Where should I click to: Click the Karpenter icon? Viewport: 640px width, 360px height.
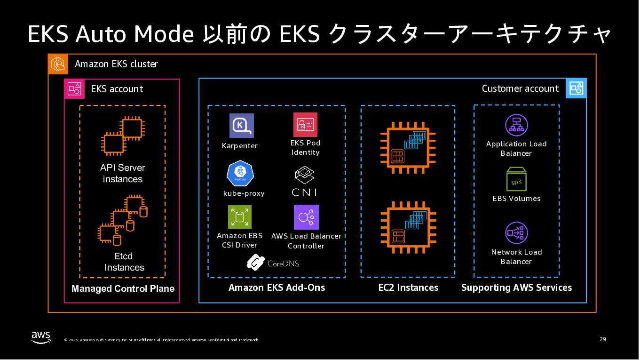(x=241, y=126)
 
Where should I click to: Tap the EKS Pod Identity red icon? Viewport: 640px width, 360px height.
(x=305, y=125)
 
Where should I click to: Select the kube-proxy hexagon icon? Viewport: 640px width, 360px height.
(x=240, y=174)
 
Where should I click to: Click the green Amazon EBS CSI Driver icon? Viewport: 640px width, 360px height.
(x=240, y=217)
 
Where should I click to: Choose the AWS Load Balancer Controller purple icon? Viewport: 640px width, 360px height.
(x=306, y=217)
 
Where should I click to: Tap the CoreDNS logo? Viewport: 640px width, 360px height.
(x=273, y=263)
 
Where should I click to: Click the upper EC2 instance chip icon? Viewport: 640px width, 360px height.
(x=405, y=147)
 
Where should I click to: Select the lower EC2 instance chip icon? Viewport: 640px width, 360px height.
(x=405, y=227)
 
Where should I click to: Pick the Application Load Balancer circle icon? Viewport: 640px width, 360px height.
(x=516, y=125)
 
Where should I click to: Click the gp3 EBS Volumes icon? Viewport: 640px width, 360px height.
(x=516, y=179)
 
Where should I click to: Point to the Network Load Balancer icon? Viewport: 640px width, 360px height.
(x=516, y=233)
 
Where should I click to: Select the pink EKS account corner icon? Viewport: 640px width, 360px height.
(x=74, y=89)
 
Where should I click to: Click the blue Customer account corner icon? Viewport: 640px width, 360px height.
(x=576, y=88)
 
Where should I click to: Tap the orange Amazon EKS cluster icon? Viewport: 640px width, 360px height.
(x=58, y=64)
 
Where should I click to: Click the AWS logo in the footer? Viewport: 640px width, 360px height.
(x=41, y=337)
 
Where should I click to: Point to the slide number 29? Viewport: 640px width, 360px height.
(x=603, y=339)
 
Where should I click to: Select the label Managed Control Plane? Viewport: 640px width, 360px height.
(x=123, y=289)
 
